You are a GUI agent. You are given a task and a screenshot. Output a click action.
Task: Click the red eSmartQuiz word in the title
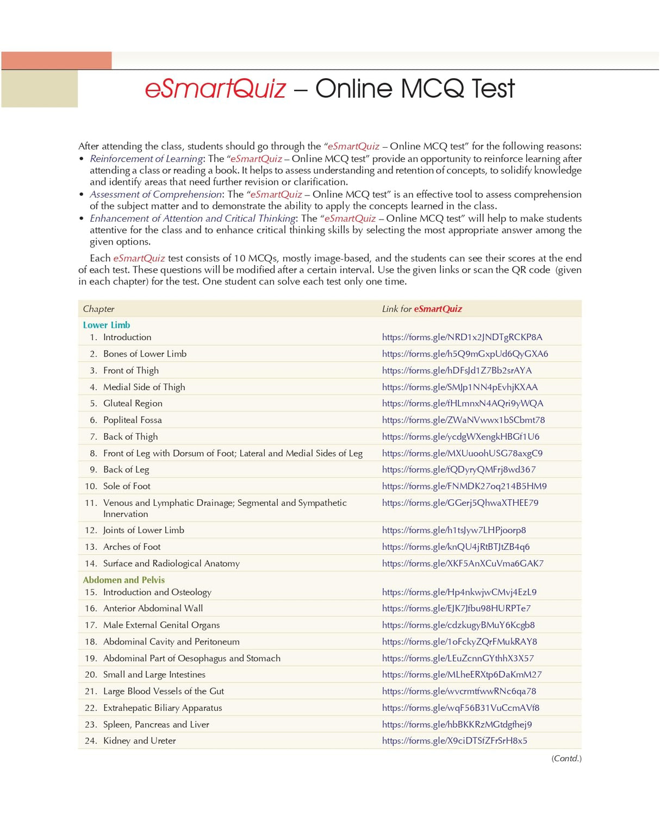pyautogui.click(x=215, y=89)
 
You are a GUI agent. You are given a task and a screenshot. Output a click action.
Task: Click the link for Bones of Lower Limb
pyautogui.click(x=465, y=354)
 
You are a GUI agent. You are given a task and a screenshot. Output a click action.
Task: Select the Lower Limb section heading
pyautogui.click(x=107, y=325)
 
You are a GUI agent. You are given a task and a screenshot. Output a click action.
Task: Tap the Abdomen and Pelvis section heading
pyautogui.click(x=123, y=580)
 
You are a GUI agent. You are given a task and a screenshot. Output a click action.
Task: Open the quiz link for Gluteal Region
pyautogui.click(x=463, y=403)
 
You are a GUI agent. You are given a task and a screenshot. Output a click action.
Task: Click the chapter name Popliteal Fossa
pyautogui.click(x=133, y=420)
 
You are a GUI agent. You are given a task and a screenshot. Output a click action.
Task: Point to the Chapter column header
pyautogui.click(x=98, y=309)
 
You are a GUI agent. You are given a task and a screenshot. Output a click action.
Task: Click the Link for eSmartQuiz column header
pyautogui.click(x=422, y=309)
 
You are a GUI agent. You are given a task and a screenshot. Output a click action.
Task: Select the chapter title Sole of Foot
pyautogui.click(x=127, y=486)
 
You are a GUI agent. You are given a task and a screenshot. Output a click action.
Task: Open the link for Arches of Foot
pyautogui.click(x=456, y=547)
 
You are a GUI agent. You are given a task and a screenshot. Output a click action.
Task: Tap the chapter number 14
pyautogui.click(x=90, y=563)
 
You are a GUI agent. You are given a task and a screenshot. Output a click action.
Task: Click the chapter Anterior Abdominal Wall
pyautogui.click(x=153, y=609)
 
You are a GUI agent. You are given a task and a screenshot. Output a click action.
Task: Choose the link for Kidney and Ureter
pyautogui.click(x=454, y=741)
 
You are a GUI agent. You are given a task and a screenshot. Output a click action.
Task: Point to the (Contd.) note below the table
pyautogui.click(x=566, y=759)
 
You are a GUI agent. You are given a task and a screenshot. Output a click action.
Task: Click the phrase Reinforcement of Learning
pyautogui.click(x=146, y=159)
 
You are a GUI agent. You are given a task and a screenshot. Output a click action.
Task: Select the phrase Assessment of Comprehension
pyautogui.click(x=156, y=195)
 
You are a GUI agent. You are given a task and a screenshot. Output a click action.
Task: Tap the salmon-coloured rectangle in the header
pyautogui.click(x=57, y=60)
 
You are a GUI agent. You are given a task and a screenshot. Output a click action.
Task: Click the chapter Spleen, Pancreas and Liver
pyautogui.click(x=156, y=724)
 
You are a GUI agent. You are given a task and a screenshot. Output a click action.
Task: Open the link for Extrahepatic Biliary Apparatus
pyautogui.click(x=460, y=708)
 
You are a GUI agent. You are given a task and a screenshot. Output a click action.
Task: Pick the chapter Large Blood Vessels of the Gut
pyautogui.click(x=163, y=691)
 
